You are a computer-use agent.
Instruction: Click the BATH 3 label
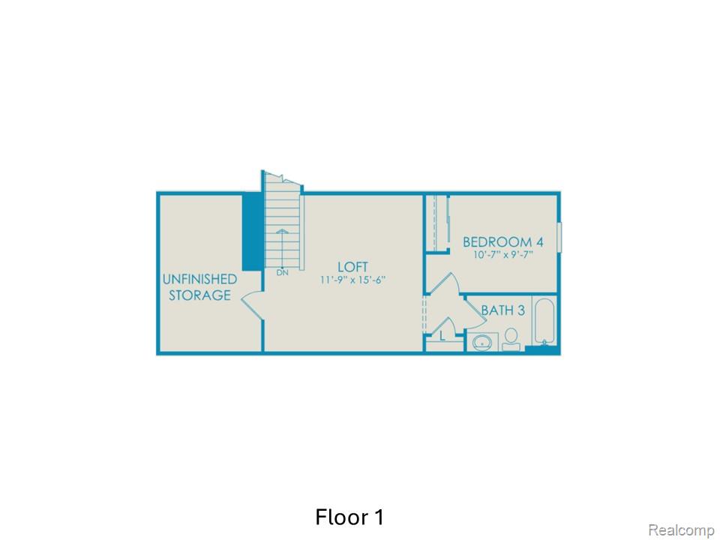[502, 310]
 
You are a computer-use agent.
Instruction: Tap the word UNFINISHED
[199, 279]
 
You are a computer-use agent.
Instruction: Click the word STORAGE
[199, 295]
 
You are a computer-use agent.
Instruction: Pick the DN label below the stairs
[282, 272]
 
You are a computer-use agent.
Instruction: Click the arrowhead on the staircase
[282, 232]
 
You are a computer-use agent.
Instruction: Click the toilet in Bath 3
[513, 338]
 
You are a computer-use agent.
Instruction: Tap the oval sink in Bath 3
[481, 343]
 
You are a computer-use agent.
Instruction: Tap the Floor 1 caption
[349, 517]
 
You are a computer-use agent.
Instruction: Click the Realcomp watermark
[680, 530]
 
